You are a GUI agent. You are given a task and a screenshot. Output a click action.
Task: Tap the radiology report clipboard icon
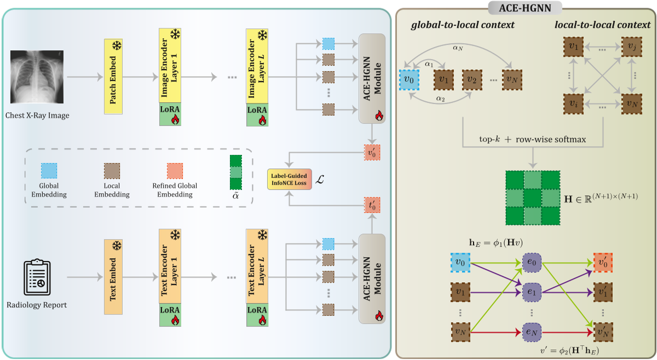tap(37, 277)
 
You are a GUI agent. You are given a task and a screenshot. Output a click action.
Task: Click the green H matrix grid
tap(532, 198)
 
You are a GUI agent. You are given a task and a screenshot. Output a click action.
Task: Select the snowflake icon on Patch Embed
tap(117, 46)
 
